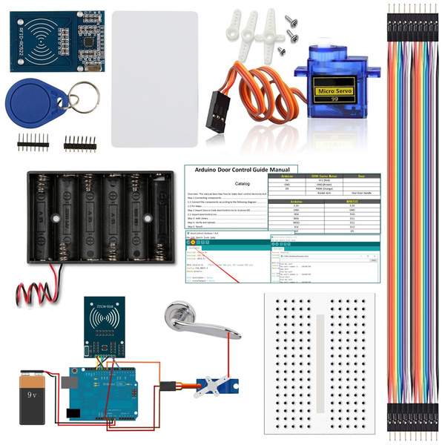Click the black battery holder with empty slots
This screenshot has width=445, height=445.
pos(96,215)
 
